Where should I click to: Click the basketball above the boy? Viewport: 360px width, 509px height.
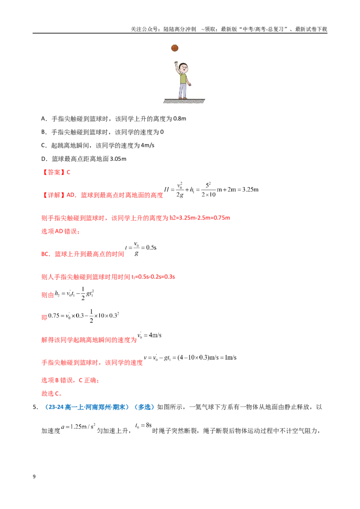point(175,48)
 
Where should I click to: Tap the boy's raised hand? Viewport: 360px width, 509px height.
point(176,63)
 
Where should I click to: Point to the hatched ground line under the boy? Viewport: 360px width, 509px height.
point(184,101)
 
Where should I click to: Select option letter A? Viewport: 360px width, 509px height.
point(43,119)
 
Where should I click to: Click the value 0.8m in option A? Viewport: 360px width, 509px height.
point(180,119)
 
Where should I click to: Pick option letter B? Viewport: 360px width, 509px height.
point(43,132)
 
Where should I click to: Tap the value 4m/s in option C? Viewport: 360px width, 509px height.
point(148,145)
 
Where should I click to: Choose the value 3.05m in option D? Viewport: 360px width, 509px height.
point(118,159)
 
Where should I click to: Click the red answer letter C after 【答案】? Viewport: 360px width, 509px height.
point(68,172)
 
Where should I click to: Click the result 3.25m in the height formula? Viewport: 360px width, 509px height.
point(250,190)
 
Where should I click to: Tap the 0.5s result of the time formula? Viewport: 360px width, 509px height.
point(151,248)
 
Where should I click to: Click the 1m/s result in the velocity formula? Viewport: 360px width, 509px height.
point(230,358)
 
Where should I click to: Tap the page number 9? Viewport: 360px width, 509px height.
point(34,477)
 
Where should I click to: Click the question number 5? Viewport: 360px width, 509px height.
point(35,407)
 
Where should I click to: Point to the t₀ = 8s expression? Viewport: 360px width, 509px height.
point(143,425)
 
